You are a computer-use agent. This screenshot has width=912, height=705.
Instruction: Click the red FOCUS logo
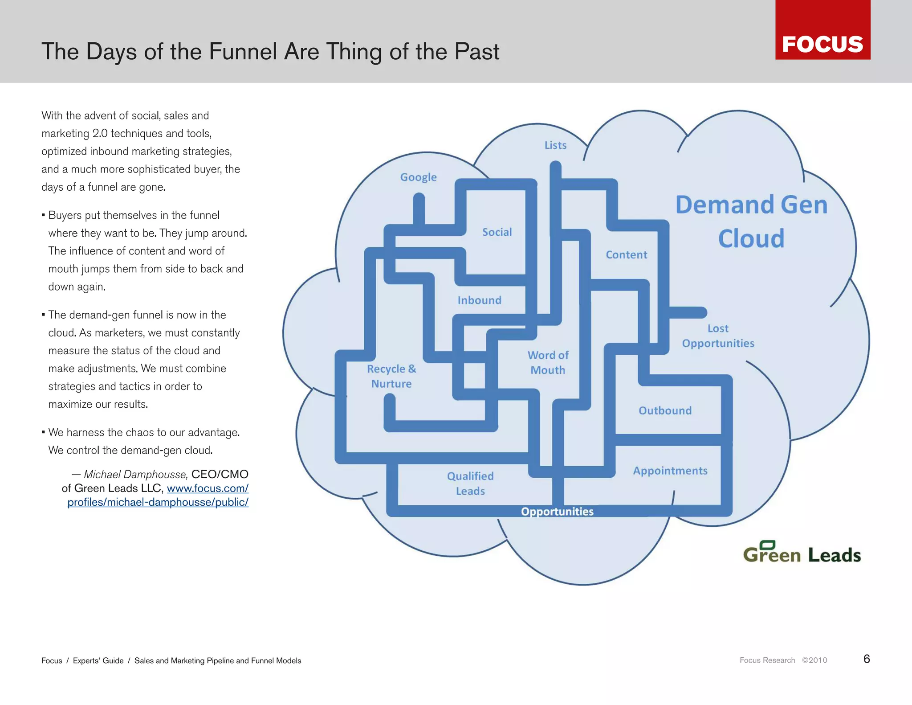(x=822, y=30)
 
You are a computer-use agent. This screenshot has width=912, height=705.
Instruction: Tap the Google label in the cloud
(x=418, y=177)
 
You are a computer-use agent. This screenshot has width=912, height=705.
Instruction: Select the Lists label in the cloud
(x=555, y=145)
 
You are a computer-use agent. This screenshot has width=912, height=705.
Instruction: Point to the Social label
(x=497, y=232)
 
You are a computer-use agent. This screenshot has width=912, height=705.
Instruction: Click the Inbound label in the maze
(x=479, y=300)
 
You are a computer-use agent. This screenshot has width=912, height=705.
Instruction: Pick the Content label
(x=626, y=255)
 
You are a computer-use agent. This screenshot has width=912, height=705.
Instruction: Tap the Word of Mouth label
(x=548, y=362)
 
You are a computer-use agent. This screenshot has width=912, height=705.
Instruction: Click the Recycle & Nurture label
(x=391, y=376)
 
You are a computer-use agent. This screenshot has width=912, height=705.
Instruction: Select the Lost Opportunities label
(x=718, y=336)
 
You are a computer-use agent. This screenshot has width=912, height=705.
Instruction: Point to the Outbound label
(x=665, y=410)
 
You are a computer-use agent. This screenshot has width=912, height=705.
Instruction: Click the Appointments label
(x=670, y=471)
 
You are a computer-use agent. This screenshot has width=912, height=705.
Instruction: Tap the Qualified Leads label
(x=470, y=483)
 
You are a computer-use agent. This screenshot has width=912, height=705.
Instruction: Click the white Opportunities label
(x=557, y=511)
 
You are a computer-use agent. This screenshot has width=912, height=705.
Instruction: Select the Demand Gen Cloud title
(x=751, y=221)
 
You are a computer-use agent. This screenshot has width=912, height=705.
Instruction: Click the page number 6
(x=866, y=659)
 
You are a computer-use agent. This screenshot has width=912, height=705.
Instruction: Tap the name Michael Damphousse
(x=135, y=474)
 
